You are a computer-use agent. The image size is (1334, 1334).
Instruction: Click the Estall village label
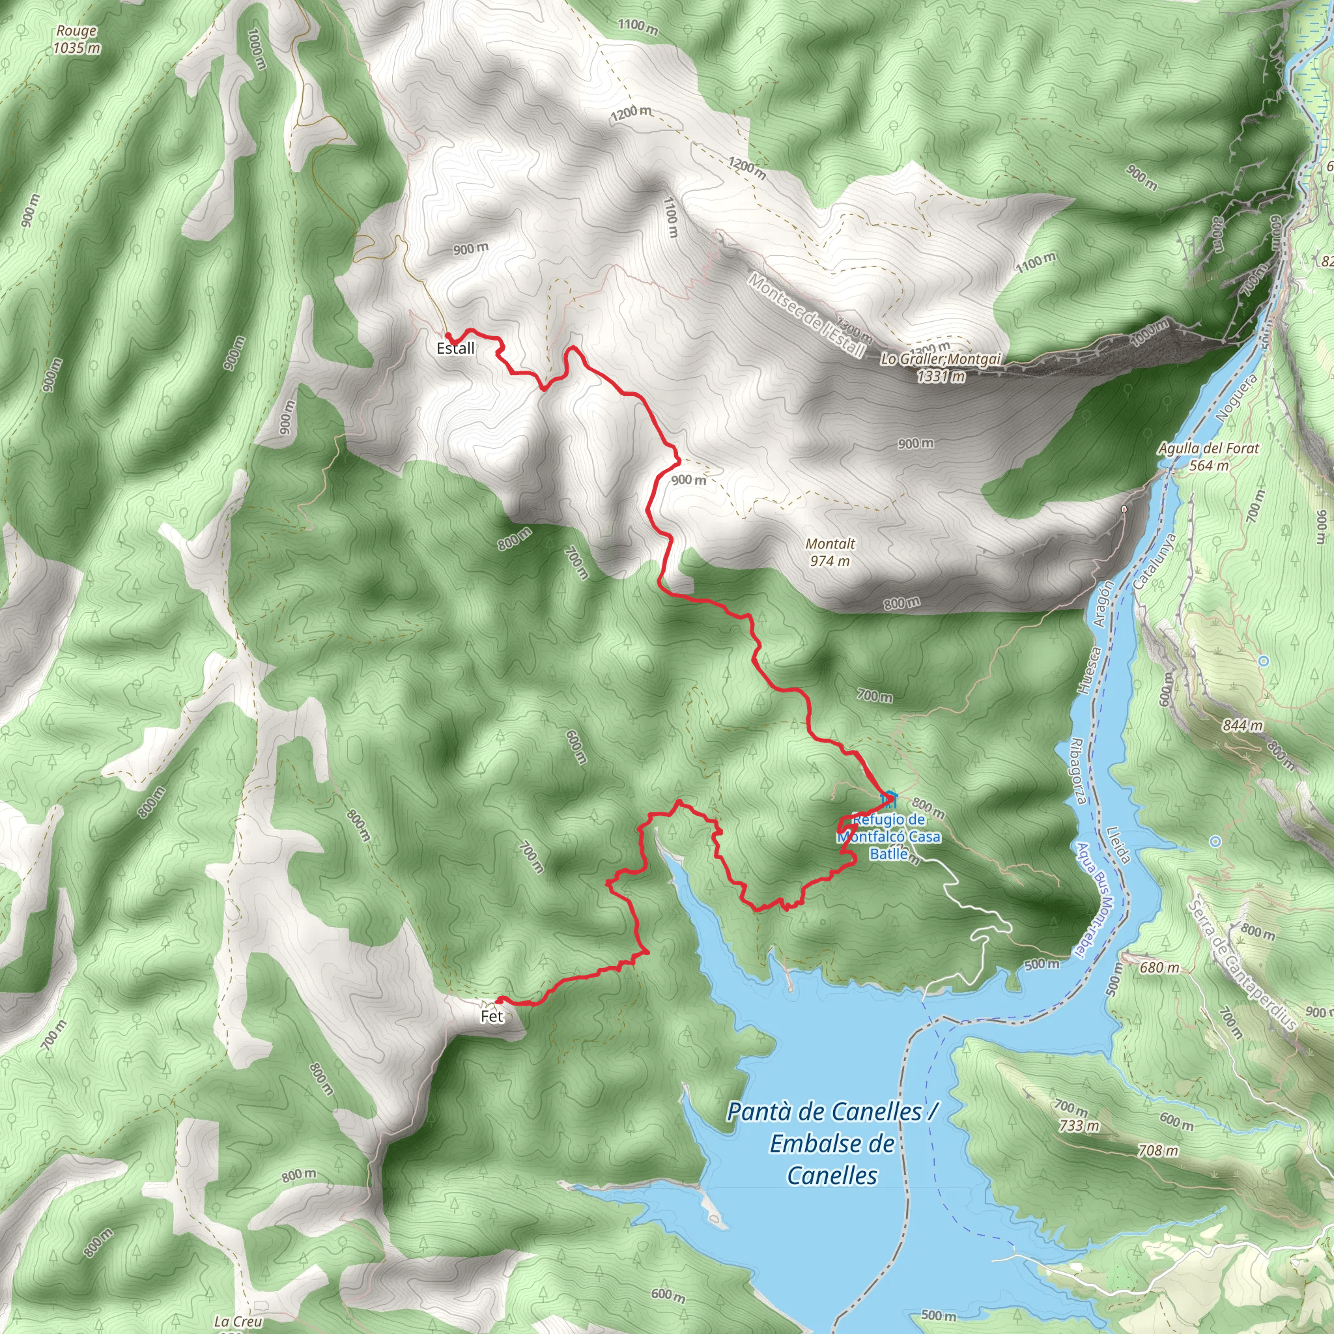(456, 348)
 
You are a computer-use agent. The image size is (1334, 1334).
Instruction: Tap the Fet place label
(492, 1017)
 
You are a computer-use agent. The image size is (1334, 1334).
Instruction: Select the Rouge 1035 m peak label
(76, 39)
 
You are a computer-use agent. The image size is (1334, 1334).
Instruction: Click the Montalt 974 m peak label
(830, 552)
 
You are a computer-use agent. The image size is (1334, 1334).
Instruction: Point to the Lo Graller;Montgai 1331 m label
(941, 367)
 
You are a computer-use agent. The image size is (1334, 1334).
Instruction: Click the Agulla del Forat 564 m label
(1208, 457)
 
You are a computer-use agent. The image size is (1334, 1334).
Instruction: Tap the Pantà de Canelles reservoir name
(832, 1143)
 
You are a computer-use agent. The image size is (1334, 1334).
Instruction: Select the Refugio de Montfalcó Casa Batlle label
(888, 837)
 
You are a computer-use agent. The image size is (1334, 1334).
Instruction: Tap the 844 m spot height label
(1243, 725)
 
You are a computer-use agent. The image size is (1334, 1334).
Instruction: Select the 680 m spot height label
(1159, 967)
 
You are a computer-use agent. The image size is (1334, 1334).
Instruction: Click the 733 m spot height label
(1079, 1126)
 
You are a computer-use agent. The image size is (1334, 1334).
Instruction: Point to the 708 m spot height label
(1158, 1150)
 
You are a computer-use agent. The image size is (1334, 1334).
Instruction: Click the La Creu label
(238, 1322)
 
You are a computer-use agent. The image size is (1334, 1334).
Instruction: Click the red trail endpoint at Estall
(448, 335)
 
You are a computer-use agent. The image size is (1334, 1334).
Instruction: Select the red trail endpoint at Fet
(498, 1000)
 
